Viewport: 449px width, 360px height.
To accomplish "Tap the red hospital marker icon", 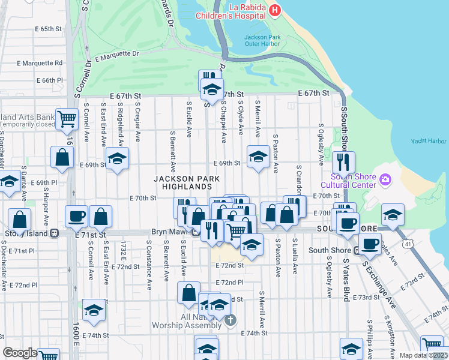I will (x=275, y=10).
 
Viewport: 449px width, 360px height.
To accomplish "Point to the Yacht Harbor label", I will (x=429, y=141).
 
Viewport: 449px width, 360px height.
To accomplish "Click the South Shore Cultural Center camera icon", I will (x=385, y=179).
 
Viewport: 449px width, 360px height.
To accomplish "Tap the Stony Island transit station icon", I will (x=55, y=233).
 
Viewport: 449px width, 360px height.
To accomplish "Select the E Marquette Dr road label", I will (x=116, y=56).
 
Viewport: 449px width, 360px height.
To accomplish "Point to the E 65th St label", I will (x=49, y=29).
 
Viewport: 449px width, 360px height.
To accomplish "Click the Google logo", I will (x=20, y=353).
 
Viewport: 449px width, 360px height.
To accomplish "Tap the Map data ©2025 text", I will (x=423, y=355).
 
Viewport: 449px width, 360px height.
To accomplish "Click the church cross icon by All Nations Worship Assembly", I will (x=231, y=321).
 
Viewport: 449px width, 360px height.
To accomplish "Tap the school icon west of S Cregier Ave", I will (x=118, y=159).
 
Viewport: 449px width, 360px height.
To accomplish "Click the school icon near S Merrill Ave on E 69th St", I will (x=258, y=157).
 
